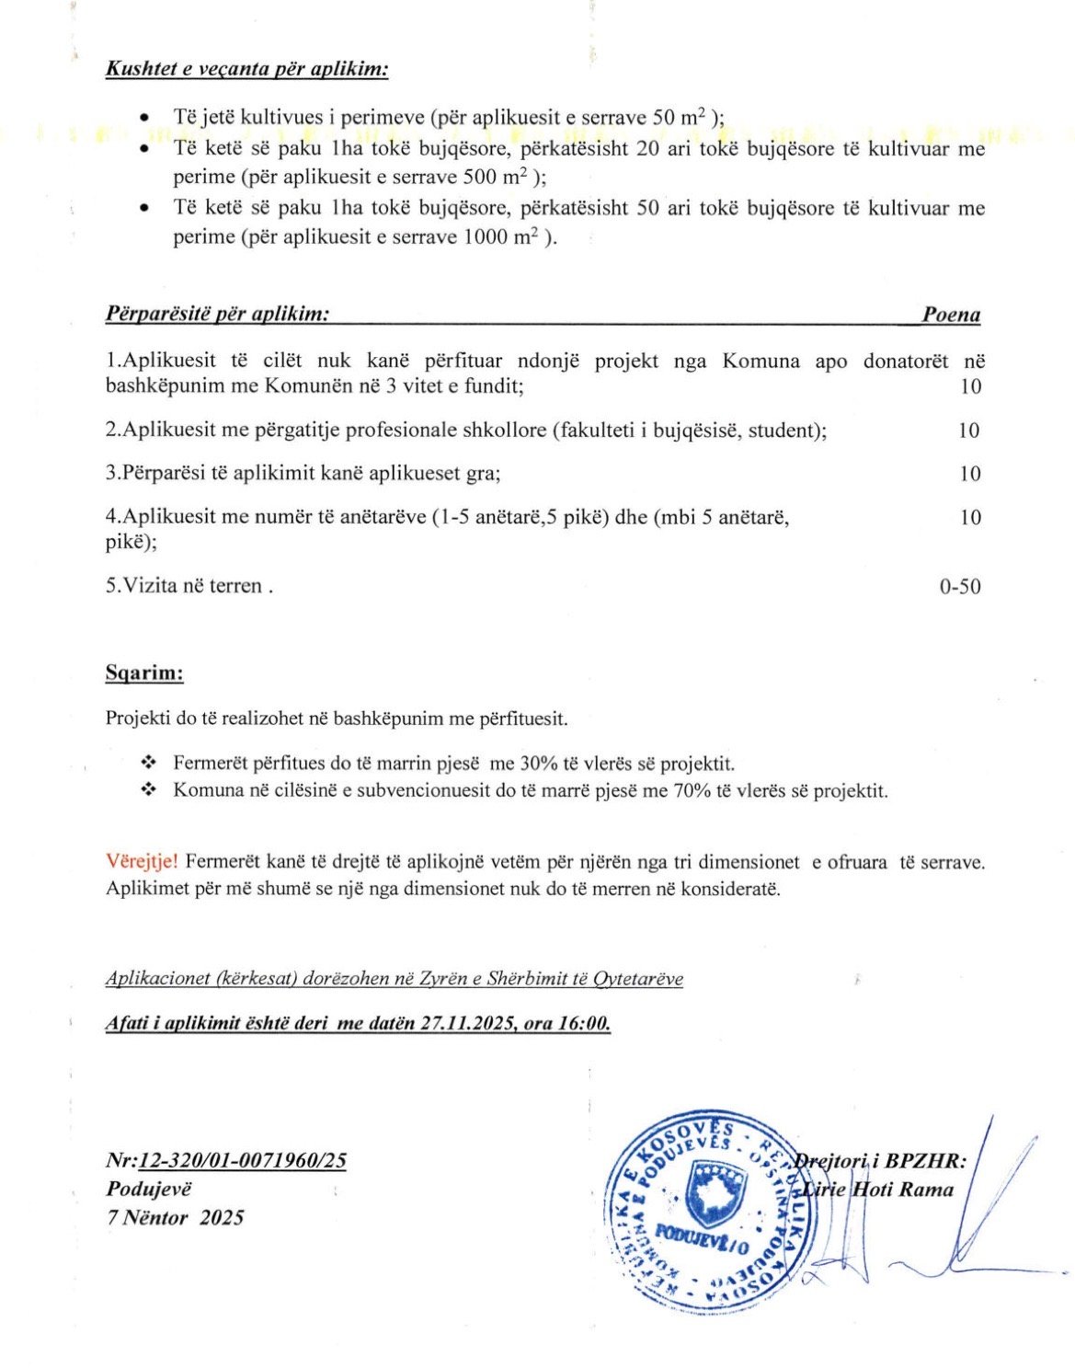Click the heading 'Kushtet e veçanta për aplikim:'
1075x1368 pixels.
pos(246,69)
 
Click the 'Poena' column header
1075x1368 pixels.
pos(951,316)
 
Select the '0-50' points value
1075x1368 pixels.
pos(959,586)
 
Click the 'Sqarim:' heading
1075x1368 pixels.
pos(144,673)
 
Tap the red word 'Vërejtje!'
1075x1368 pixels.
pos(143,862)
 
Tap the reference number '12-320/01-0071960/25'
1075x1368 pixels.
pos(243,1160)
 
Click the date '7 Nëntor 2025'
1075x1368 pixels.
pos(175,1217)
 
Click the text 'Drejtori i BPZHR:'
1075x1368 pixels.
pos(880,1161)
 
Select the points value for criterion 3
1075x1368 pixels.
pos(970,474)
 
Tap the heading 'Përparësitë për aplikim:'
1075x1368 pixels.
pos(218,315)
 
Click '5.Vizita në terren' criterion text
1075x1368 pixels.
pos(188,585)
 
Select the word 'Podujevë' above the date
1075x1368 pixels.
pos(149,1189)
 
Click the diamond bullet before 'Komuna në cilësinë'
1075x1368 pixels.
pos(148,790)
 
